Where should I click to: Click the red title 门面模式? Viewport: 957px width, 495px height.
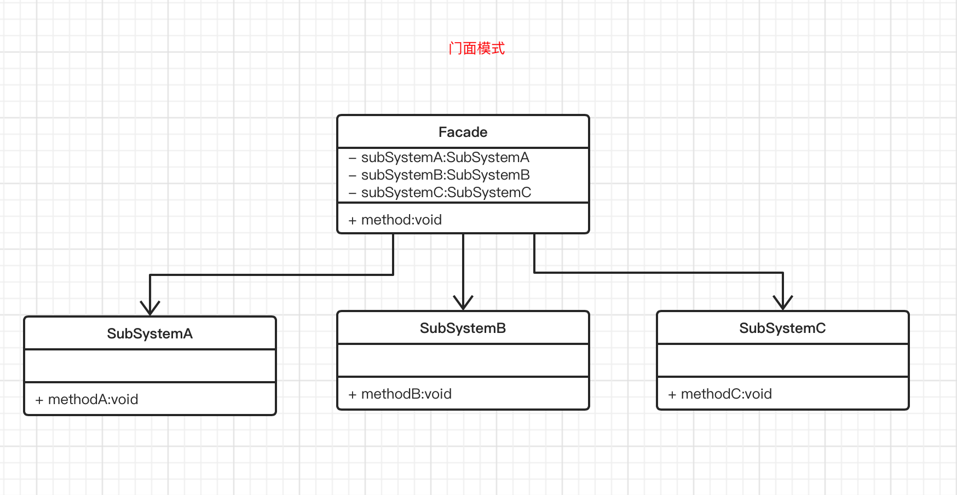point(476,49)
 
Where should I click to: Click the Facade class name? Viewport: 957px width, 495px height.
point(463,132)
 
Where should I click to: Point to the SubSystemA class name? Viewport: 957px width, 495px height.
point(149,333)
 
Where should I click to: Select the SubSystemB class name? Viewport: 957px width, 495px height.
point(463,328)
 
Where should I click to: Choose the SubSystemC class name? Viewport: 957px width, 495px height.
point(782,328)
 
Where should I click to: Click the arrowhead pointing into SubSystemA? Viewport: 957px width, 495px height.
point(150,308)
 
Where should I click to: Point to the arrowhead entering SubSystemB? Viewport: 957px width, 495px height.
point(463,302)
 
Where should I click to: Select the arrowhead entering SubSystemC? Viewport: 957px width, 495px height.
point(783,302)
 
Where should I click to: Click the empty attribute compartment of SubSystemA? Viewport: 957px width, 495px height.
point(149,366)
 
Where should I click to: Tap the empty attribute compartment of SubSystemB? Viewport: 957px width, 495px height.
point(463,360)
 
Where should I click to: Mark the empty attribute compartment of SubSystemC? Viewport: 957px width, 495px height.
point(782,360)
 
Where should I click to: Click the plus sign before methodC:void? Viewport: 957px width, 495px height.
point(672,395)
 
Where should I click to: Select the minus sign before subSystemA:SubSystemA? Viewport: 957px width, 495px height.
point(353,158)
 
